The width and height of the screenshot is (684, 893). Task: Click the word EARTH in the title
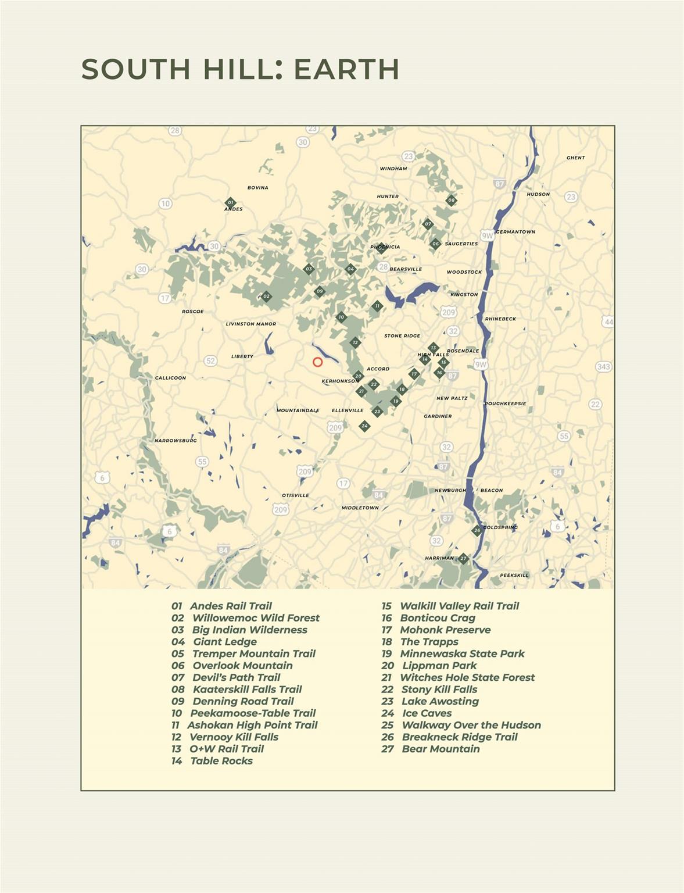pos(346,69)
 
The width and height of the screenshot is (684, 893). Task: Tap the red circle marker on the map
pos(317,362)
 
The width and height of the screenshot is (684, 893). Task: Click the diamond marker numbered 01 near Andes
pos(230,203)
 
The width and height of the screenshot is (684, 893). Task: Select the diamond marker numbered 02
pos(266,297)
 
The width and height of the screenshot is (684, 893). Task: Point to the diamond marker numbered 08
pos(451,201)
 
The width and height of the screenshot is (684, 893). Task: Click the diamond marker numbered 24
pos(364,426)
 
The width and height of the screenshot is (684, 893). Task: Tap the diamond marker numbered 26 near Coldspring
pos(477,530)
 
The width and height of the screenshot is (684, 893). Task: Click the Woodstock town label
pos(464,272)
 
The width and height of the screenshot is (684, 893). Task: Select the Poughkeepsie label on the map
pos(506,403)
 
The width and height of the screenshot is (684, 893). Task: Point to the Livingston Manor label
pos(251,324)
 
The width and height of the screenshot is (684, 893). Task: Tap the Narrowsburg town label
pos(176,441)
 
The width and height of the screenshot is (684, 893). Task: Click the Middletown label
pos(360,508)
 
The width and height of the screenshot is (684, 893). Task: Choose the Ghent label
pos(575,158)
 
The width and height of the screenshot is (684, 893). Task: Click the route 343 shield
pos(603,367)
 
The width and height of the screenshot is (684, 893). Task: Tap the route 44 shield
pos(608,322)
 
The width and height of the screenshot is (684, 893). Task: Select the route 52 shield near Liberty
pos(210,361)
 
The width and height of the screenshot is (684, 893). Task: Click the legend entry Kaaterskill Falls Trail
pos(247,690)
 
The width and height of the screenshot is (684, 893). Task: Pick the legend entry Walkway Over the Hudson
pos(471,725)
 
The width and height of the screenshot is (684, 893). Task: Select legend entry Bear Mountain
pos(441,749)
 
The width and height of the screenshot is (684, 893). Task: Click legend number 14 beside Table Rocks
pos(177,761)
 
